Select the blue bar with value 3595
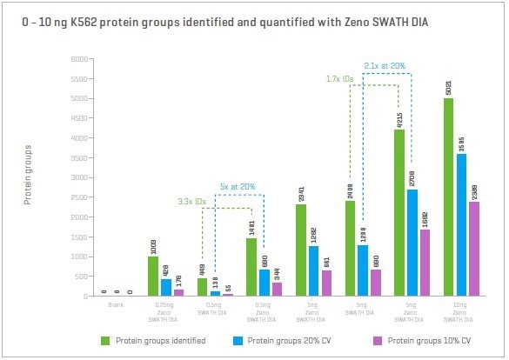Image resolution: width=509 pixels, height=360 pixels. click(462, 225)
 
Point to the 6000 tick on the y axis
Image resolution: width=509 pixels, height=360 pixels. click(79, 59)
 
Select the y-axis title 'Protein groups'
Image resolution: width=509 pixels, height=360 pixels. click(28, 177)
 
